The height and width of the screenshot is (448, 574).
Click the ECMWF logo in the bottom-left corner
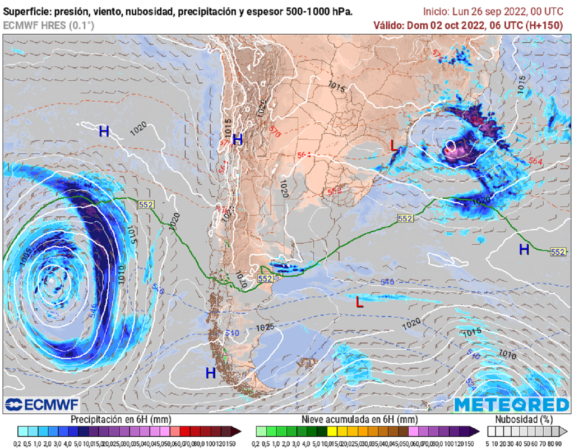[42, 404]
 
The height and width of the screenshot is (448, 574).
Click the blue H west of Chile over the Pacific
[104, 132]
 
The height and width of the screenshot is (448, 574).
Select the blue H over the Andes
[237, 140]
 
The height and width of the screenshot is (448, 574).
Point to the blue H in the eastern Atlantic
[524, 250]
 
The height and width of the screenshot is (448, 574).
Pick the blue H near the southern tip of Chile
[210, 373]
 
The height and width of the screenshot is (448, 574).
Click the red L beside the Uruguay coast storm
[394, 147]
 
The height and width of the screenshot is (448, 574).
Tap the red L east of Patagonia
[359, 303]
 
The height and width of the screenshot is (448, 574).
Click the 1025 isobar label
[265, 327]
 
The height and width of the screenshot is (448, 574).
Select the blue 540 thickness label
[232, 333]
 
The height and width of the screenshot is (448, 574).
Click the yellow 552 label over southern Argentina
[265, 278]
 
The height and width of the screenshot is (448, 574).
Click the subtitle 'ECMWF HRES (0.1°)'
[48, 25]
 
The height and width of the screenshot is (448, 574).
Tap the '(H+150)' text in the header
[544, 25]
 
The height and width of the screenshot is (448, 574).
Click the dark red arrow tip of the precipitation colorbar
[238, 431]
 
